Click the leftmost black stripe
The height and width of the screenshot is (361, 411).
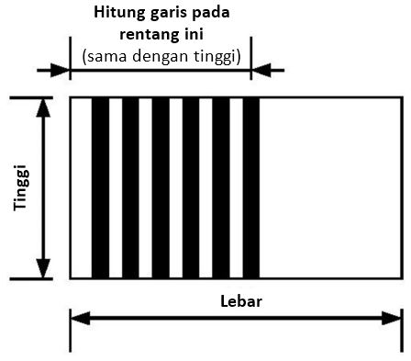tap(100, 186)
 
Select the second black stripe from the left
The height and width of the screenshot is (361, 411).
tap(130, 186)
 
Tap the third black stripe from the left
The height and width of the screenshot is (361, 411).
tap(161, 186)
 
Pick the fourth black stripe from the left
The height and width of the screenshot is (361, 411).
tap(191, 186)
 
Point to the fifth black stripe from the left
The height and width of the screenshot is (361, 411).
tap(221, 186)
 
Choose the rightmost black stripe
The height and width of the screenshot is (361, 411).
tap(251, 186)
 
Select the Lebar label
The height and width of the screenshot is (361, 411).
tap(239, 300)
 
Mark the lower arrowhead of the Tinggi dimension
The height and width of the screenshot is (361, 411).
tap(42, 269)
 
